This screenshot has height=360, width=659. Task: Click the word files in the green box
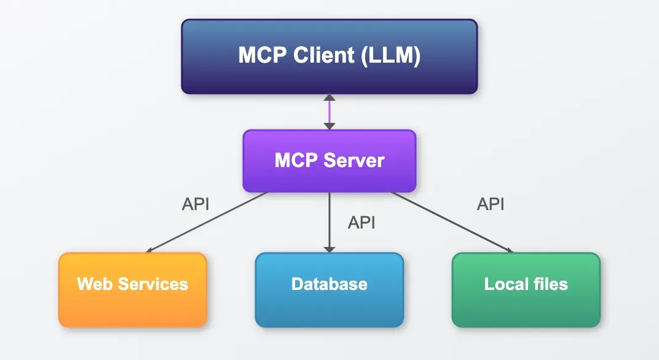[x=551, y=284]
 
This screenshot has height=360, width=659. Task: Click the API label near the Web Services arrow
[x=195, y=205]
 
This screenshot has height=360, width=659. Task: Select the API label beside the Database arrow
[x=361, y=222]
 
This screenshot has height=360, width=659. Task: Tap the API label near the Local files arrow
[x=491, y=205]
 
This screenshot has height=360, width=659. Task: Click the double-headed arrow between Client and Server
[x=329, y=112]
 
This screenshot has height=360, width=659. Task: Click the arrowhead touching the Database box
[x=329, y=248]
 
